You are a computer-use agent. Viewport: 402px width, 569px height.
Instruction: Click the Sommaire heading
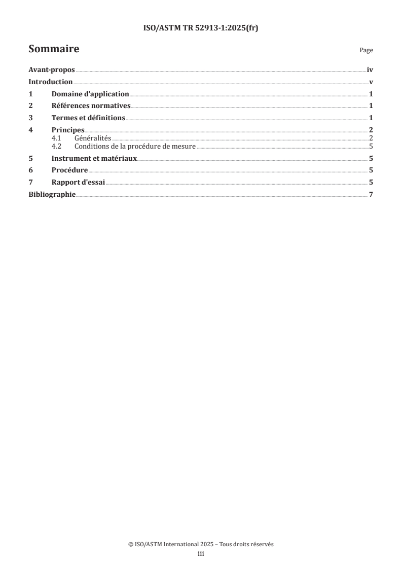(54, 50)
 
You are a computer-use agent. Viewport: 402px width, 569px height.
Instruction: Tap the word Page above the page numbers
(366, 51)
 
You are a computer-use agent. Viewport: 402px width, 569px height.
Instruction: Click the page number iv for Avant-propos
(370, 70)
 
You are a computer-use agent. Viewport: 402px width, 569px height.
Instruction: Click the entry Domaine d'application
(90, 94)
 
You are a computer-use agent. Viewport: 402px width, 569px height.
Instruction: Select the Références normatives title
(91, 106)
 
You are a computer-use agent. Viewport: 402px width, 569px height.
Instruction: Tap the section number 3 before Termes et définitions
(30, 118)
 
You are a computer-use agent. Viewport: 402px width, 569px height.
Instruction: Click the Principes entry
(68, 130)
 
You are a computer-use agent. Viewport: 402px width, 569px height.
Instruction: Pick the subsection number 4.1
(57, 138)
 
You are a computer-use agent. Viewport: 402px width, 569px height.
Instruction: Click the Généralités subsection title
(93, 138)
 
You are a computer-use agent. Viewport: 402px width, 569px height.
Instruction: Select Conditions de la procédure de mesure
(135, 146)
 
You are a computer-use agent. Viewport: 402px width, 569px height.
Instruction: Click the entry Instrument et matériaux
(94, 158)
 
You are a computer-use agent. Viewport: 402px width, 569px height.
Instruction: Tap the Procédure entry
(70, 170)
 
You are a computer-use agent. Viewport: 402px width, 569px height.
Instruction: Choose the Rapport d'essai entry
(79, 182)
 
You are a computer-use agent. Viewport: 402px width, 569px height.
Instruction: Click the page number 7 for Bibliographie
(371, 194)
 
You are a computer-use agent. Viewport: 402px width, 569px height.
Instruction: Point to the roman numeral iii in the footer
(201, 554)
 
